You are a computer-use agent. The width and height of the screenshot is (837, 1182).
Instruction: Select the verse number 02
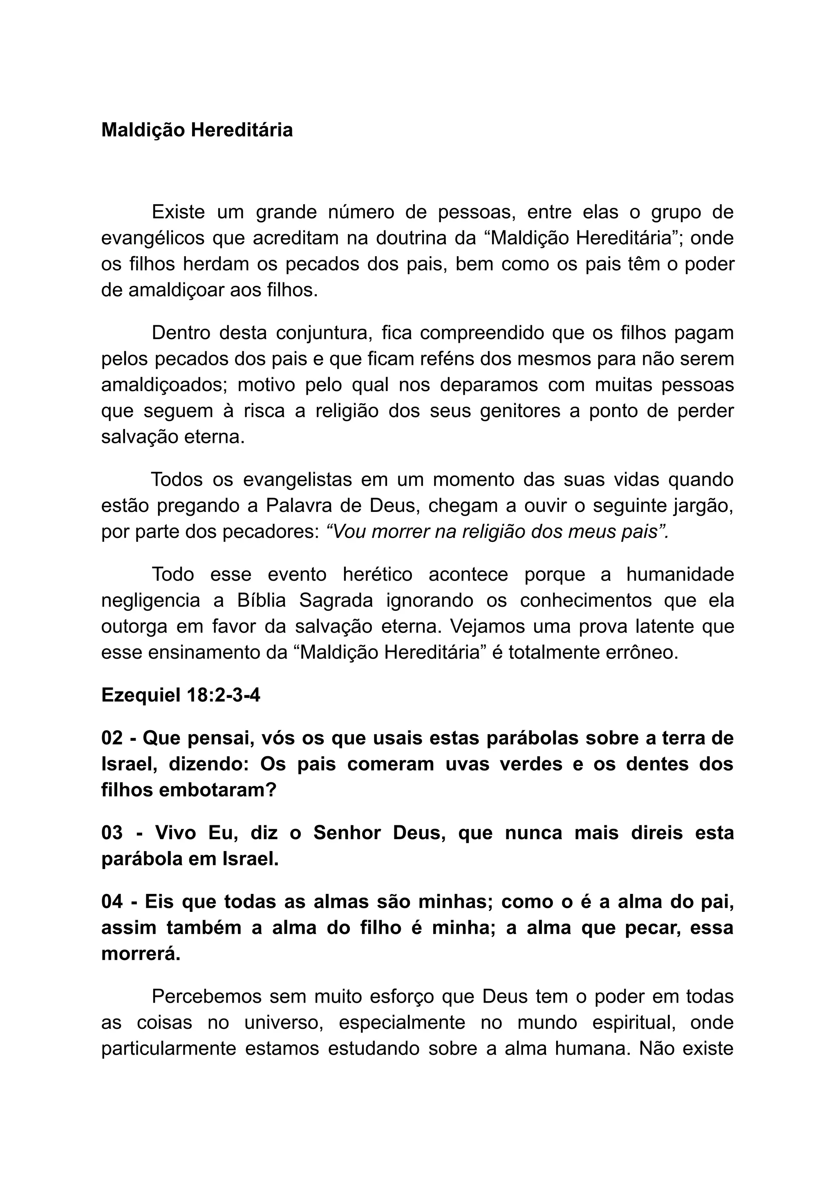112,738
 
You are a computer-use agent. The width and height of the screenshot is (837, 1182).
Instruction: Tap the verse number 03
112,833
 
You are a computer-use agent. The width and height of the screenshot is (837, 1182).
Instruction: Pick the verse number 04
112,902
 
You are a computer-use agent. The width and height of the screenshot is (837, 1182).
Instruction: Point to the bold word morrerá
141,954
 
